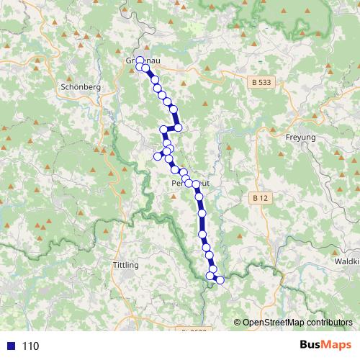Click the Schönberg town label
click(x=81, y=86)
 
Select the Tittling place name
click(x=125, y=266)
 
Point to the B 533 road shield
click(x=264, y=83)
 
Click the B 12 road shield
click(x=261, y=197)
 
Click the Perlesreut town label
click(x=190, y=184)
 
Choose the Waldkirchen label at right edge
click(x=347, y=261)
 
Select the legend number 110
click(x=30, y=346)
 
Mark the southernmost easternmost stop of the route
click(x=220, y=279)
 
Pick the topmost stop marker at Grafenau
click(x=140, y=60)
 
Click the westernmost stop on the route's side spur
click(x=157, y=156)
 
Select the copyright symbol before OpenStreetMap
click(x=237, y=323)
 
